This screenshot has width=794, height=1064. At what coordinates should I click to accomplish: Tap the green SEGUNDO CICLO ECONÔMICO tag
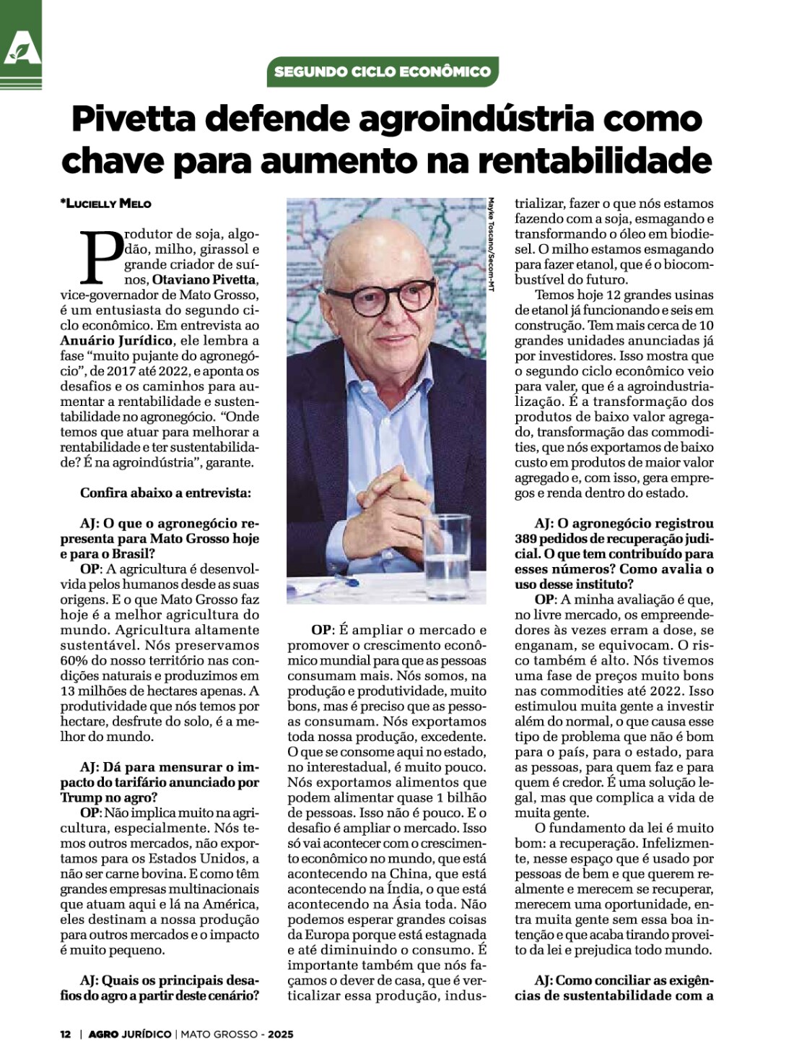coord(382,72)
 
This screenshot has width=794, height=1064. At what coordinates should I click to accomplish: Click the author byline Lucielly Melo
coord(107,204)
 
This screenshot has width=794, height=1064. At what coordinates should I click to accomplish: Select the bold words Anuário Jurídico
coord(116,340)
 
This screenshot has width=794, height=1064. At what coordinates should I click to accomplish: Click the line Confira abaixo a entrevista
coord(165,493)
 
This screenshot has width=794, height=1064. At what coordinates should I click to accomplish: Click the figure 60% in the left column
coord(72,660)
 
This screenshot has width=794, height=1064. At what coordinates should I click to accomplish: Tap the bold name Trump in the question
coord(81,797)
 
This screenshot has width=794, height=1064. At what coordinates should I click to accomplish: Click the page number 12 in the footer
coord(65,1034)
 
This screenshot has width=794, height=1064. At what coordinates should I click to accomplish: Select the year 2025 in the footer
coord(281,1034)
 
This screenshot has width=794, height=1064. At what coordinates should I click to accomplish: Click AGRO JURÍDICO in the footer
coord(130,1034)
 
